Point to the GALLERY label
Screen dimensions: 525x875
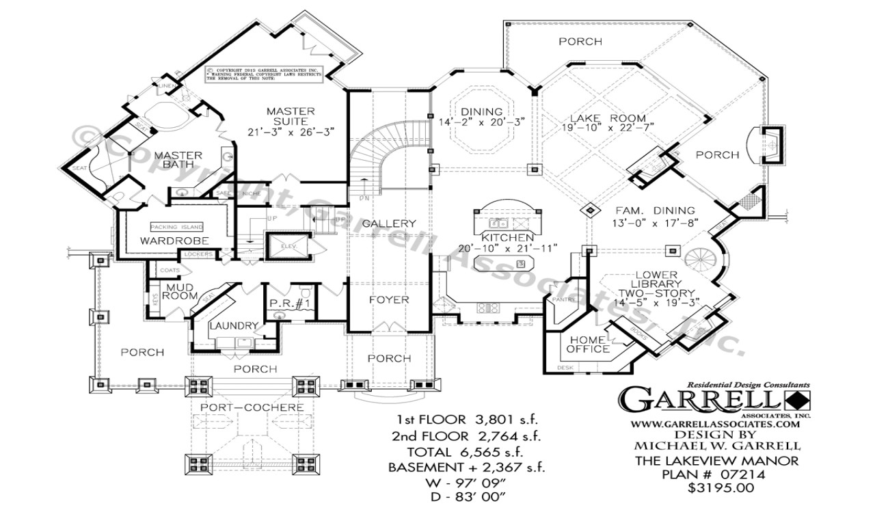click(388, 224)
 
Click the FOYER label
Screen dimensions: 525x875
click(390, 299)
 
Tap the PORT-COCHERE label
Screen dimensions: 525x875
click(252, 407)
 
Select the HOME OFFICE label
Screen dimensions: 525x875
click(587, 344)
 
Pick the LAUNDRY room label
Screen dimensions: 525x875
click(233, 326)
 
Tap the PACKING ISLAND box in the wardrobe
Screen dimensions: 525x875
click(177, 227)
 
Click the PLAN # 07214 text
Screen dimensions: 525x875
click(725, 474)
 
